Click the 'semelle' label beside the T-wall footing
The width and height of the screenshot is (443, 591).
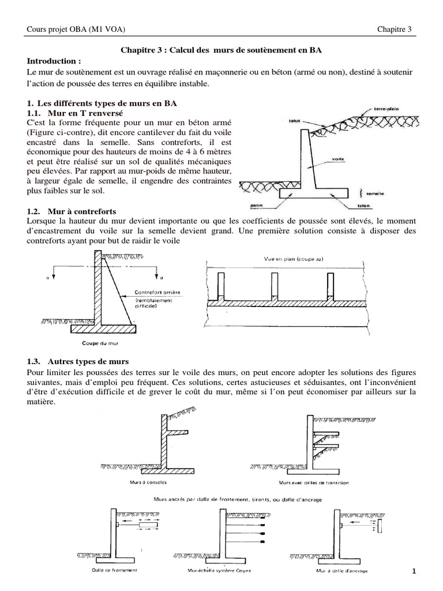379,195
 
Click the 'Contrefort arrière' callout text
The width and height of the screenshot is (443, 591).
156,293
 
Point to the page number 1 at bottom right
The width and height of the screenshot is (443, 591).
414,571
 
